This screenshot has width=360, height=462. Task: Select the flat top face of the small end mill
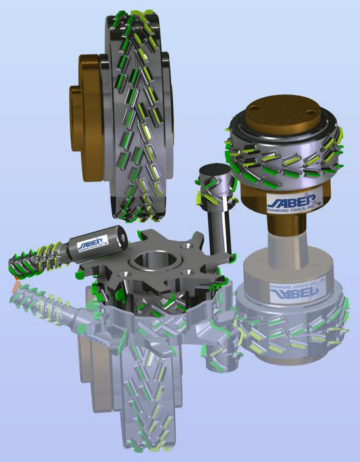(x=214, y=172)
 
